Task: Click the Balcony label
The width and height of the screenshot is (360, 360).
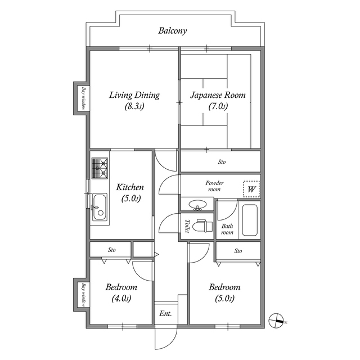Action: coord(172,31)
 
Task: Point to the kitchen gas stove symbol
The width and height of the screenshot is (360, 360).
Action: coord(100,168)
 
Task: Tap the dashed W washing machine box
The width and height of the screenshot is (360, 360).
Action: coord(251,190)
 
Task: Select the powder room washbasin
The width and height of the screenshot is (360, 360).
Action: coord(197,205)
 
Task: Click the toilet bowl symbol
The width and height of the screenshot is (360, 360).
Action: coord(200,226)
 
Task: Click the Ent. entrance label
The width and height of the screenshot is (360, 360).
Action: coord(165,313)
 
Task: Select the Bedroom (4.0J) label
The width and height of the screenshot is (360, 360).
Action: coord(121,292)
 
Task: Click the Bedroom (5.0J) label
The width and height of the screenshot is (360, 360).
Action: coord(224,292)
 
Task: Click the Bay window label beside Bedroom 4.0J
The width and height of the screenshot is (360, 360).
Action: coord(84,295)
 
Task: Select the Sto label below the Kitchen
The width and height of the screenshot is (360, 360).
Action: coord(111,249)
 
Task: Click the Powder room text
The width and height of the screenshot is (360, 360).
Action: coord(214,186)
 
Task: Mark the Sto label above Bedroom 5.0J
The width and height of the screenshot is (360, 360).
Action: coord(238,250)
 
